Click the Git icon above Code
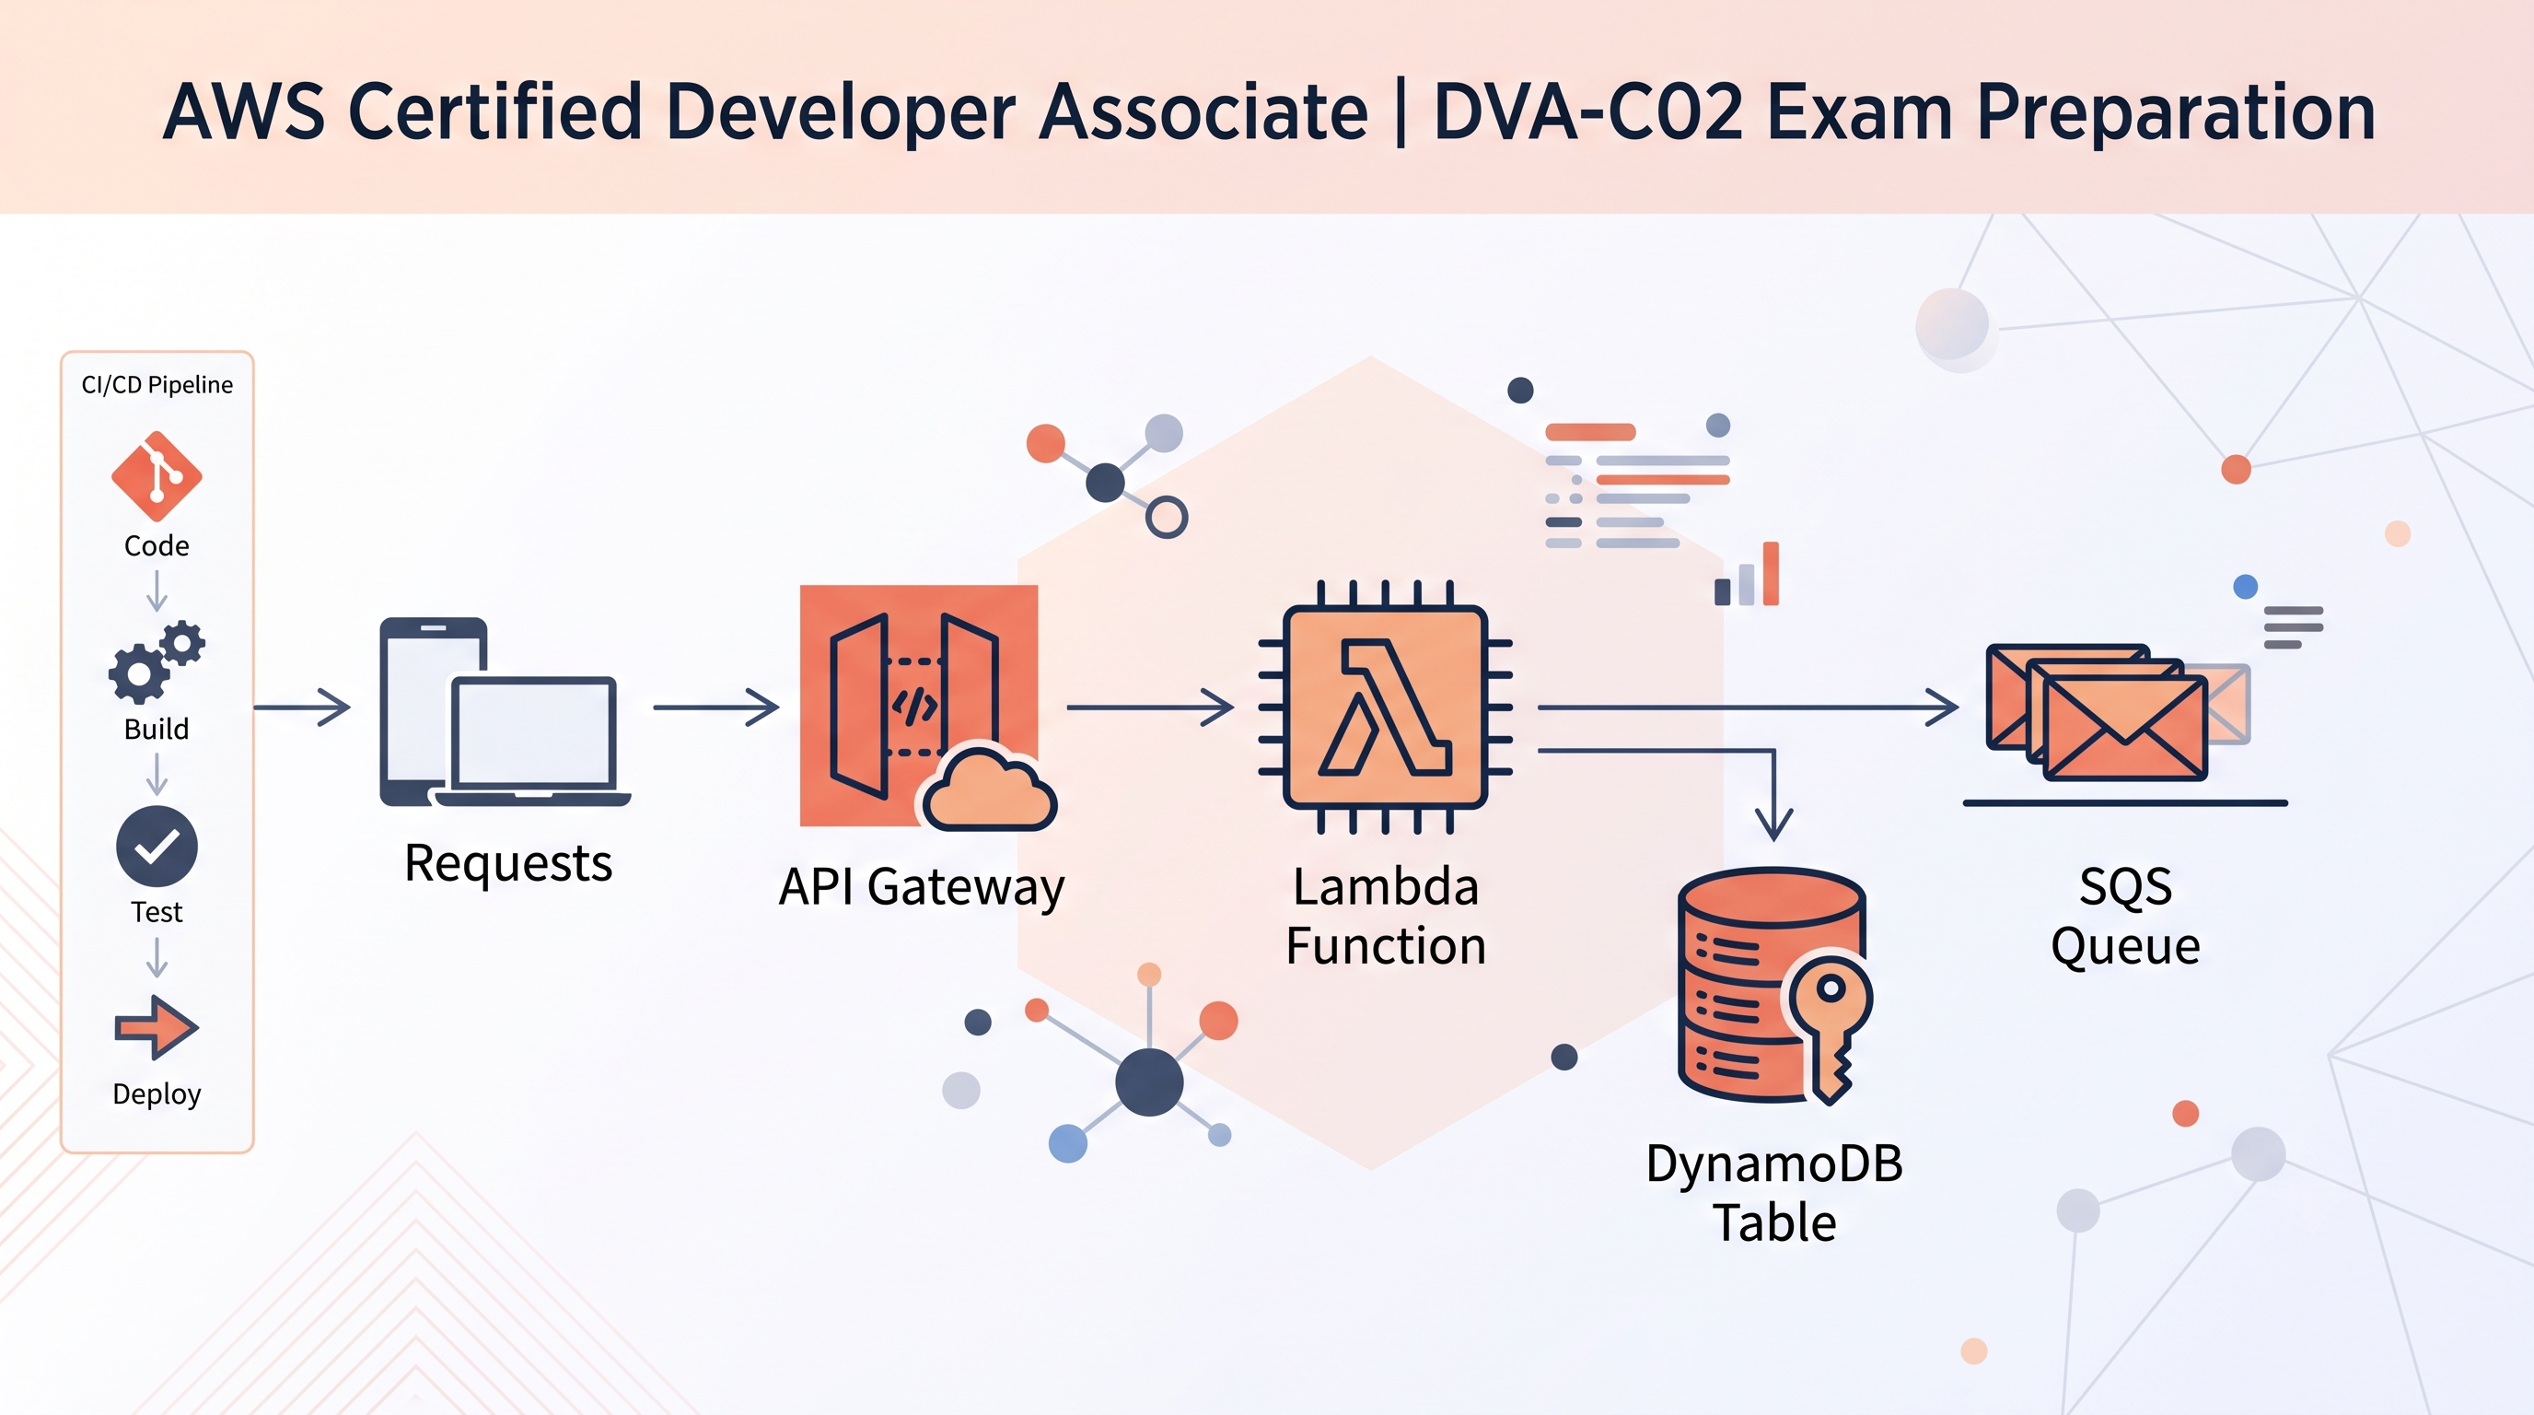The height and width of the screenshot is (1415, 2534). click(157, 476)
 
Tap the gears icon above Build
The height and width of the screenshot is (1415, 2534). click(157, 662)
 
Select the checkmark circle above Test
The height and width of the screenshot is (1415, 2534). click(157, 847)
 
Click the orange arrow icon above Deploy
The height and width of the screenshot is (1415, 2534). click(157, 1027)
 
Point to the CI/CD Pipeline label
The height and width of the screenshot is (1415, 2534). click(157, 385)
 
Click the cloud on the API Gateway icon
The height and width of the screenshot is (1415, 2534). click(988, 789)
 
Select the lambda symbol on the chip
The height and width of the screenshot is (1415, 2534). click(1385, 707)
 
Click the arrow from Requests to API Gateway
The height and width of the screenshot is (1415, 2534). click(716, 707)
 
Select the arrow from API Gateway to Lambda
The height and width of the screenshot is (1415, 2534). click(1150, 707)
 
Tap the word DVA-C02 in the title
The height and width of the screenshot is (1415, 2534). click(1588, 112)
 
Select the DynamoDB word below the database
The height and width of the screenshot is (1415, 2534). click(1774, 1164)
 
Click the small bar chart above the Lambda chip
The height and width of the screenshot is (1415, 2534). click(1746, 574)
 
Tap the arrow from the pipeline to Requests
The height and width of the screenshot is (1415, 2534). click(302, 707)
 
